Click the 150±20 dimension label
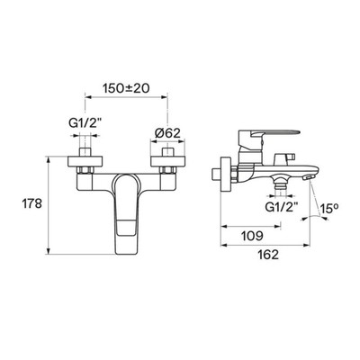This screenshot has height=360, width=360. [x=126, y=88]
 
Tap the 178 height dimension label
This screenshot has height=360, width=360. [x=31, y=204]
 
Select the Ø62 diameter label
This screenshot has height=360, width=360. [x=167, y=132]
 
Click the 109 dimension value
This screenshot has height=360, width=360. [x=253, y=236]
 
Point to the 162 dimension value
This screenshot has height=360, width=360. [x=268, y=255]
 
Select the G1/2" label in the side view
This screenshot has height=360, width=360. [x=282, y=207]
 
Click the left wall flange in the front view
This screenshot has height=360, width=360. [x=85, y=161]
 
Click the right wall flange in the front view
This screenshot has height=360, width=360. [x=167, y=161]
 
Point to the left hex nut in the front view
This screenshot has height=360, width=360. [x=85, y=170]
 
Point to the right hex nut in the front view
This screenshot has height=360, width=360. [x=167, y=170]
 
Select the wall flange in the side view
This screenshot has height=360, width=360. [x=225, y=174]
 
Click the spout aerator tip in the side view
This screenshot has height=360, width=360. [x=307, y=177]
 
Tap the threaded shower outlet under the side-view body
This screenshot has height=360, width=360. [x=282, y=183]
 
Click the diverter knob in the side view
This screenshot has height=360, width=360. [x=284, y=158]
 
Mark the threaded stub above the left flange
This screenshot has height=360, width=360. [x=85, y=152]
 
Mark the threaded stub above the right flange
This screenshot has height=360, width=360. [x=167, y=152]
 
